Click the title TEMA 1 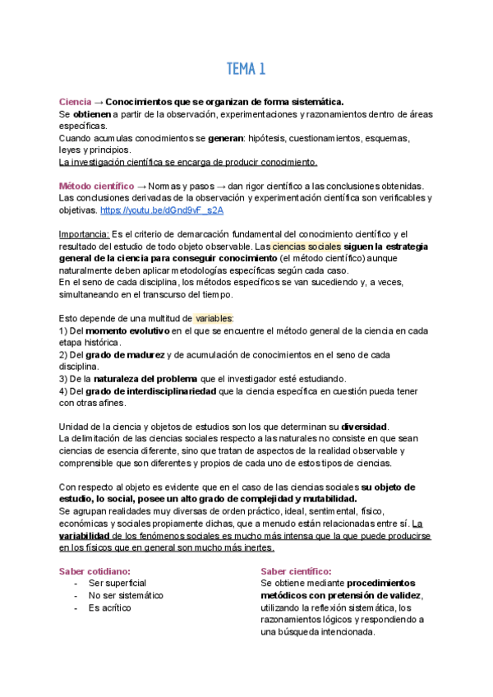(x=246, y=69)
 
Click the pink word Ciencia (x=75, y=101)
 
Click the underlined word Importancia (x=85, y=234)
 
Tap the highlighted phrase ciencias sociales (x=304, y=247)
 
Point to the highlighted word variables (x=214, y=318)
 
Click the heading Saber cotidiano (x=95, y=571)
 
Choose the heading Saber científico (x=296, y=571)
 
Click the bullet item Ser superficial (x=118, y=583)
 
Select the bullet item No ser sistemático (x=126, y=595)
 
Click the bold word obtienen (x=92, y=113)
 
